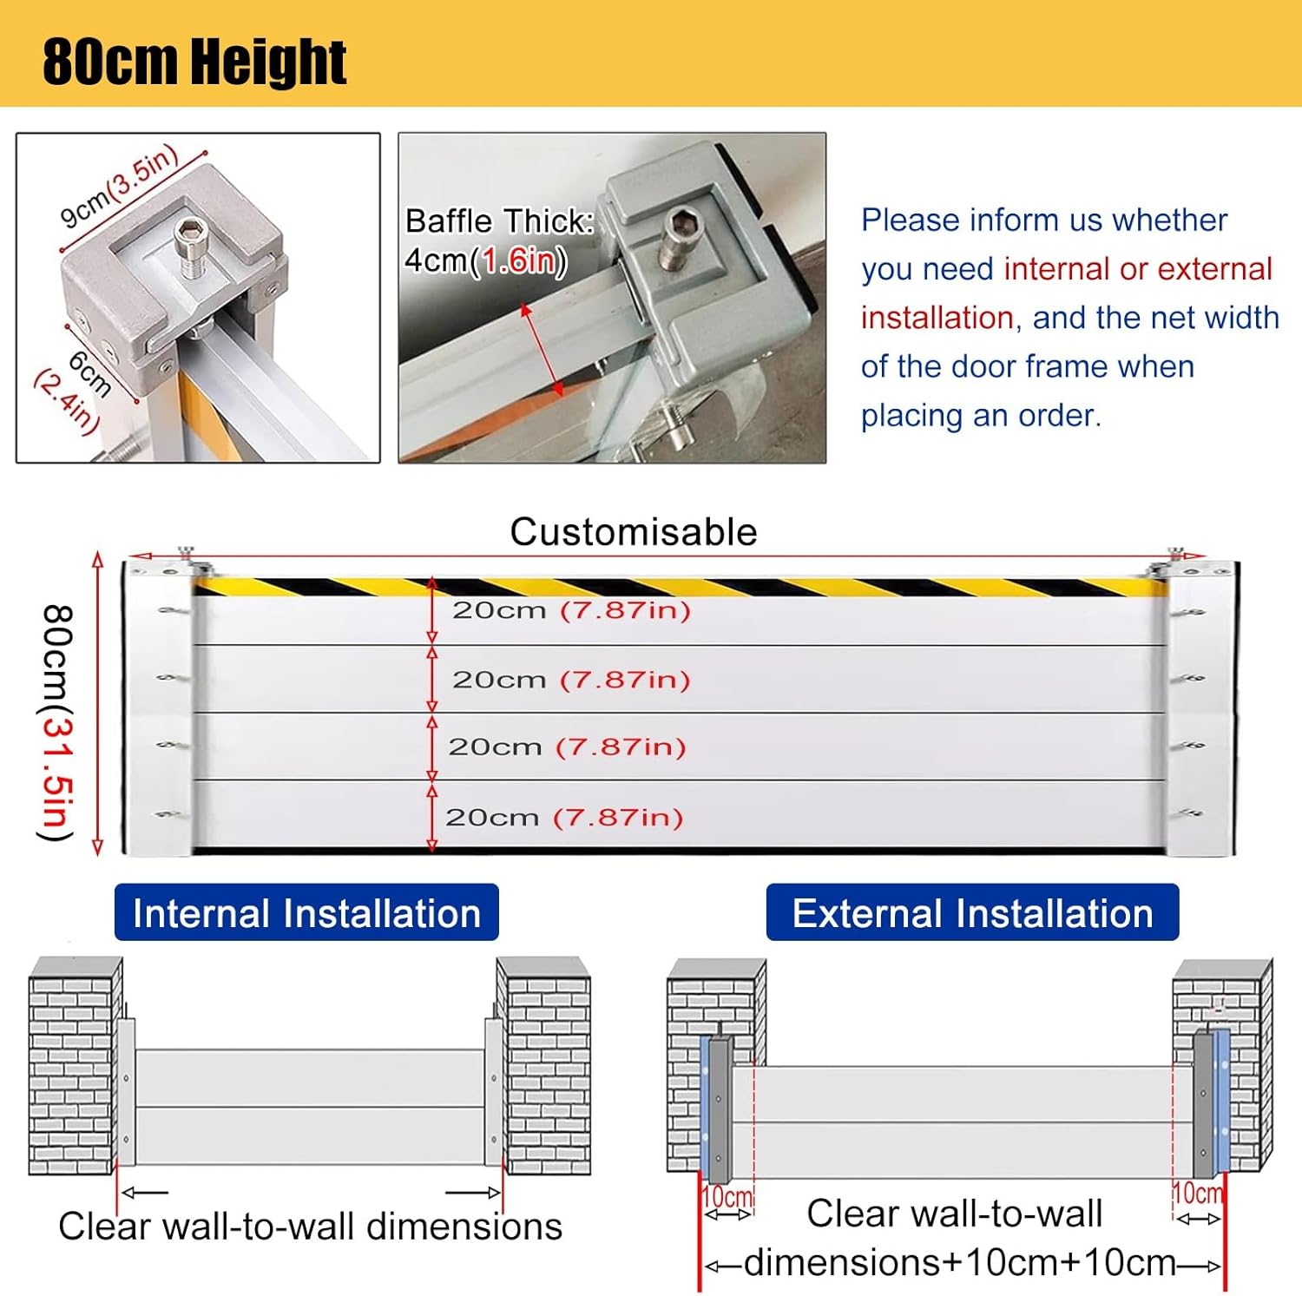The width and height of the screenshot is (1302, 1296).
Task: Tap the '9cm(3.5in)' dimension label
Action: pos(120,187)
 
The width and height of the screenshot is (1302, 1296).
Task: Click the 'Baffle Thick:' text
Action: pos(499,221)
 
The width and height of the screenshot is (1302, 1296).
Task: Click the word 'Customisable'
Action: pos(633,532)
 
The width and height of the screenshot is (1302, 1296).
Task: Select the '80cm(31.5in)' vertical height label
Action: pos(56,722)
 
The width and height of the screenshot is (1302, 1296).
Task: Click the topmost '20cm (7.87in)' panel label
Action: pos(571,610)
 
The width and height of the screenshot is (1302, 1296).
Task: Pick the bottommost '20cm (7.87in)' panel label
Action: pos(564,817)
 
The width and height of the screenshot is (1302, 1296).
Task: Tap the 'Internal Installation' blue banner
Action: pos(306,913)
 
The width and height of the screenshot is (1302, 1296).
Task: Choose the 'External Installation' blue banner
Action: pos(972,913)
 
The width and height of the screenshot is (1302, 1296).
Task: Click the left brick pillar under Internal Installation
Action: pos(73,1068)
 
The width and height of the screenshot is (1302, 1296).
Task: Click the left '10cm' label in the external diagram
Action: pos(727,1197)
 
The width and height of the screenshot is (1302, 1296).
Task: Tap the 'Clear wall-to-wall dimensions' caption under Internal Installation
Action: pos(310,1227)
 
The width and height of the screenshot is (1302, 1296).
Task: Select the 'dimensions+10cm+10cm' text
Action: pos(960,1263)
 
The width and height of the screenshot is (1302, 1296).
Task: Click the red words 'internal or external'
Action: pos(1137,269)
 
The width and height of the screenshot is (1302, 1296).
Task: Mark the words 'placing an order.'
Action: pos(981,416)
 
